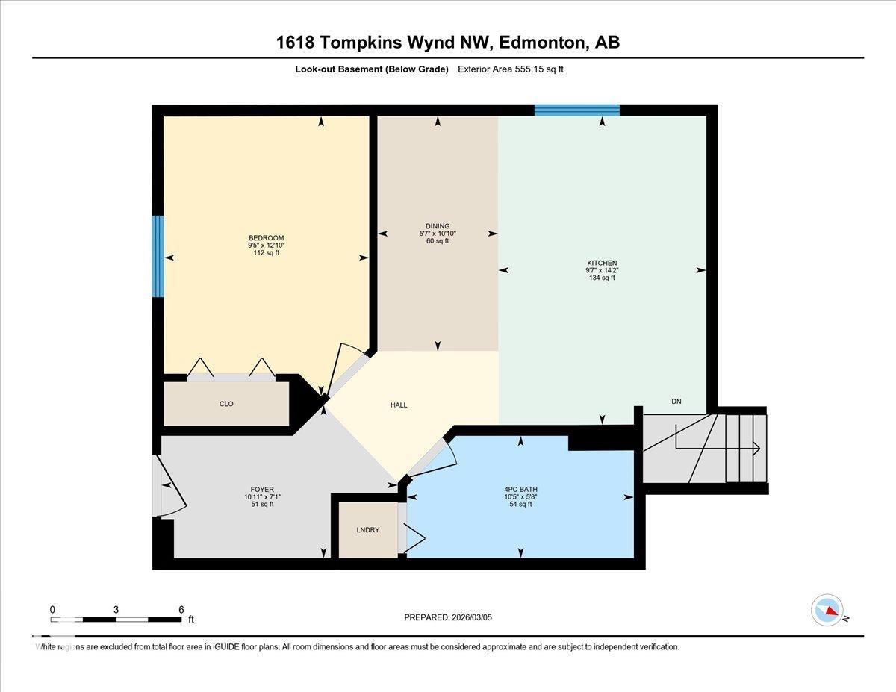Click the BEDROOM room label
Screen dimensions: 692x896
[x=267, y=238]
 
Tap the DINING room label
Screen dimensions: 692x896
[x=438, y=226]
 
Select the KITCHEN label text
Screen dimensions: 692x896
[x=601, y=263]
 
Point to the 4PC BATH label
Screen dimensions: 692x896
[x=520, y=490]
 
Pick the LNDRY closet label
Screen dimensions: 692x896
[x=368, y=530]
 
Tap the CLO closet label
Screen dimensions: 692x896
[x=226, y=404]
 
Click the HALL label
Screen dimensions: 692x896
[x=399, y=405]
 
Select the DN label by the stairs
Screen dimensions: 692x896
[x=676, y=402]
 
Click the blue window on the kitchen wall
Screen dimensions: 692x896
[x=577, y=110]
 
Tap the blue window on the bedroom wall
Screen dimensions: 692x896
[x=158, y=256]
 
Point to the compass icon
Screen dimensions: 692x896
[x=827, y=610]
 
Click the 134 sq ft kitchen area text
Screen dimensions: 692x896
[x=601, y=278]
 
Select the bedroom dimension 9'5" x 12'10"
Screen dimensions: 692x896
[x=267, y=246]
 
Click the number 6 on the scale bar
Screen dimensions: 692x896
[x=181, y=609]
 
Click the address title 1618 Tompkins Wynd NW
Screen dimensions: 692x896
[x=382, y=43]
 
